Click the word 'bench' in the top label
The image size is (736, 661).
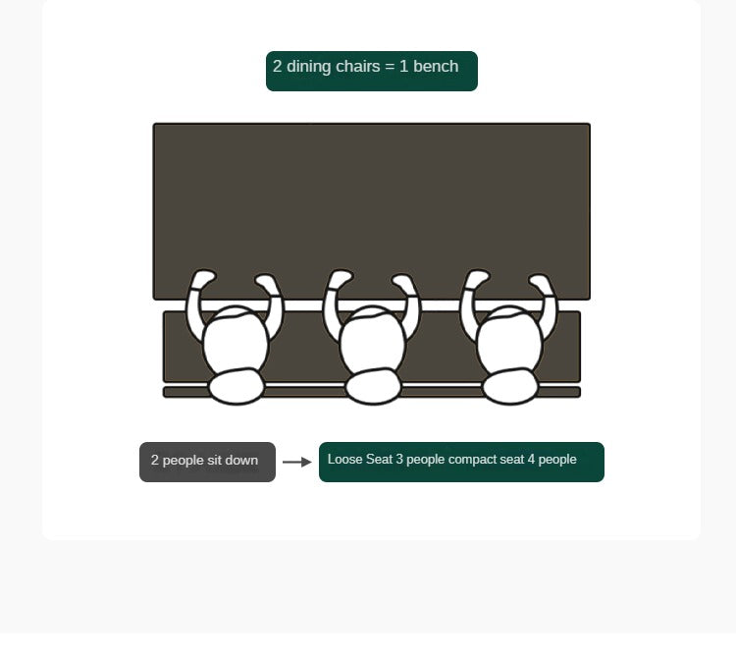[436, 66]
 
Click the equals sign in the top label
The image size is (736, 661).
[390, 67]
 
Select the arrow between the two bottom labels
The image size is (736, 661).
[297, 462]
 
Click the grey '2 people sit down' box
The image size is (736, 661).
[207, 462]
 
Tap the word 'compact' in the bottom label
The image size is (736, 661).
[472, 460]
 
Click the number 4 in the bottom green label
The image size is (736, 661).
[531, 459]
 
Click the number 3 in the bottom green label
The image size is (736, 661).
[399, 459]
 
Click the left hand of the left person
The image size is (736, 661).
[203, 278]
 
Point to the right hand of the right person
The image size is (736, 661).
[541, 282]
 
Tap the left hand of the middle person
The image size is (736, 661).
[341, 278]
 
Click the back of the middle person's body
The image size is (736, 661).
[374, 386]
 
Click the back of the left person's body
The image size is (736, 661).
[237, 386]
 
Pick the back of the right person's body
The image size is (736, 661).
[510, 386]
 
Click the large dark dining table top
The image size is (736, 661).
[372, 197]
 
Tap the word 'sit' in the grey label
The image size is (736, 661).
[214, 460]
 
